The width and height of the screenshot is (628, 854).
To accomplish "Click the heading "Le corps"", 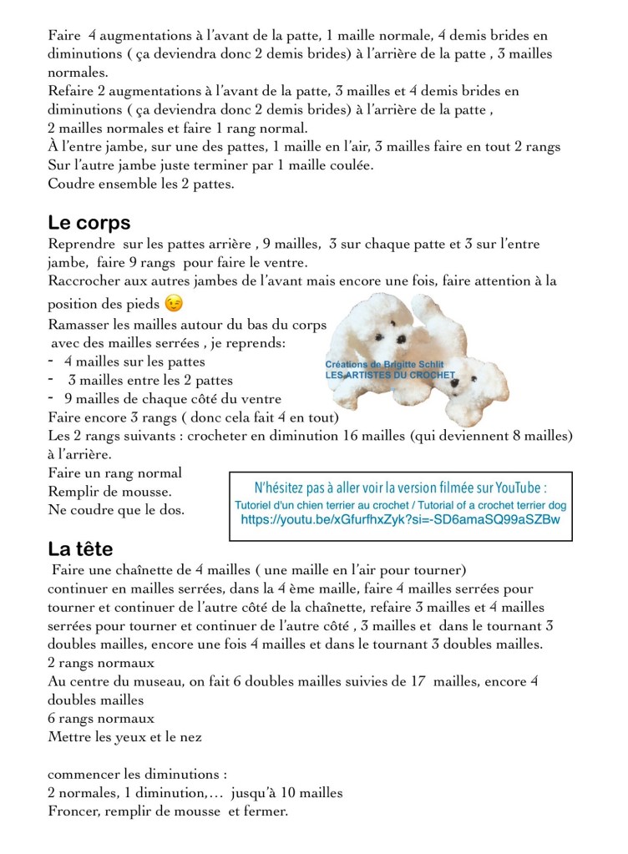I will click(x=89, y=223).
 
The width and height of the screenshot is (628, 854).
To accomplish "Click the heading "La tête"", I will click(x=80, y=549).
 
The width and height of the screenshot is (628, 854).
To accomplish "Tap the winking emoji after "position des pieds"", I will click(x=174, y=303).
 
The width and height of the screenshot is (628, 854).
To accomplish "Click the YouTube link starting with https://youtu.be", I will click(x=400, y=519).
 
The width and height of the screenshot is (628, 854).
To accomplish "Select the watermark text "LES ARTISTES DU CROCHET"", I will click(x=390, y=376).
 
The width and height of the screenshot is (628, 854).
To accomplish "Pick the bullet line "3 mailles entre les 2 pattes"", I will click(x=138, y=381).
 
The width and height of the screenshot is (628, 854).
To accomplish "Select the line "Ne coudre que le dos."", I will click(x=116, y=509).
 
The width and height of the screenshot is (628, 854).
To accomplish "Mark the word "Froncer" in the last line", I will click(x=74, y=811).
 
